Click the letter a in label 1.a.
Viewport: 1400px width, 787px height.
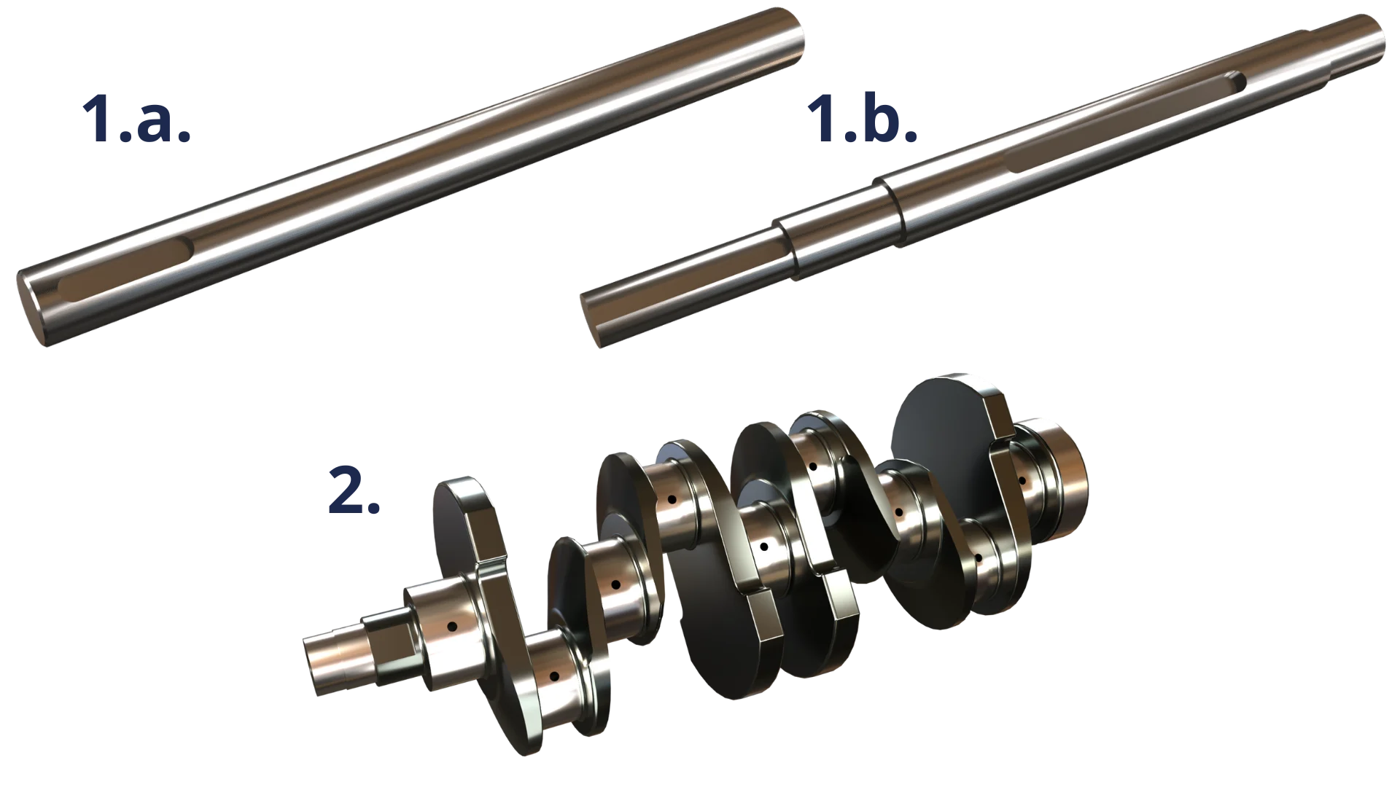164,120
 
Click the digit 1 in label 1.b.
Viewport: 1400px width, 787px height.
822,117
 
